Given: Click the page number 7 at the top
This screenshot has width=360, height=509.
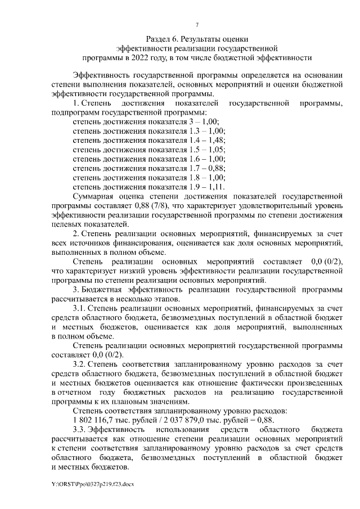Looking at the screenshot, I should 197,24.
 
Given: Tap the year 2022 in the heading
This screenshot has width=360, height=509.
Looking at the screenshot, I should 142,57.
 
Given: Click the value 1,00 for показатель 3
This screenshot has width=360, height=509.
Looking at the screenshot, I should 208,121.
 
